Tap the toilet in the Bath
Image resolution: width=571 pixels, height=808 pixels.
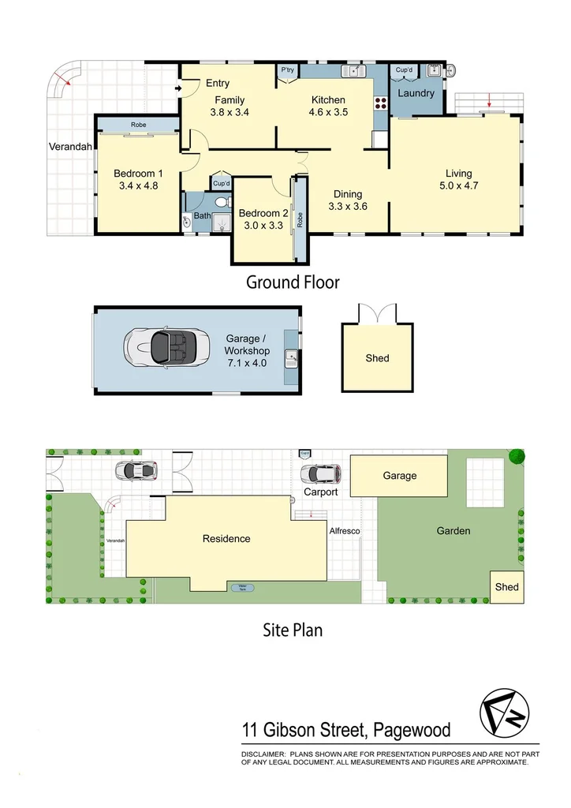(x=220, y=202)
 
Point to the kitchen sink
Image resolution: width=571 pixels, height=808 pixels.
(x=353, y=71)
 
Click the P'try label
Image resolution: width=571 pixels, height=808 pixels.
(x=287, y=70)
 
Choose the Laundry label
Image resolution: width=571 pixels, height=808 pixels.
(x=416, y=93)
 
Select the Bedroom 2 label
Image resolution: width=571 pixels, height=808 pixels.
(x=263, y=213)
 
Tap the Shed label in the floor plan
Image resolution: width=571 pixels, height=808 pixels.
(x=377, y=358)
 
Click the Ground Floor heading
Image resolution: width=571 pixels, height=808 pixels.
(x=293, y=282)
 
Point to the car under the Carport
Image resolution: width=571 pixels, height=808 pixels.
(x=321, y=473)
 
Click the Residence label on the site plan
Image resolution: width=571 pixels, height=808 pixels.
(x=226, y=539)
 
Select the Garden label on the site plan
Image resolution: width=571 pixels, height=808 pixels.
(x=453, y=531)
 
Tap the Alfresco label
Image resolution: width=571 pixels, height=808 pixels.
(x=345, y=531)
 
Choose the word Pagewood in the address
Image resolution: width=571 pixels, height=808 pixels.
(x=416, y=731)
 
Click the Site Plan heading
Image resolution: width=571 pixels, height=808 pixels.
(x=292, y=630)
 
